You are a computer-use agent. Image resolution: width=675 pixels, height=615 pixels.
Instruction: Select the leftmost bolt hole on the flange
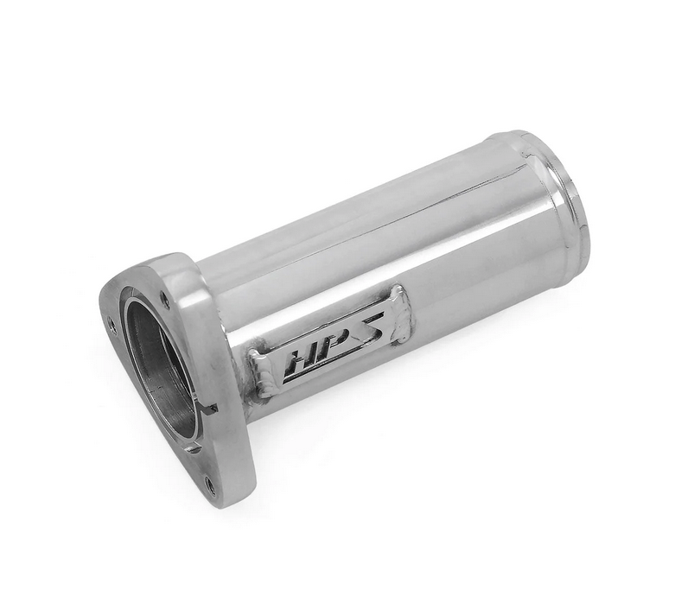[111, 324]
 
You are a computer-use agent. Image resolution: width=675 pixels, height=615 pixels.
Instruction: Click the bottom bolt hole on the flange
[209, 485]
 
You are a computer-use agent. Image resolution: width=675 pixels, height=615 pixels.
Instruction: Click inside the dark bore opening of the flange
[160, 363]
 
